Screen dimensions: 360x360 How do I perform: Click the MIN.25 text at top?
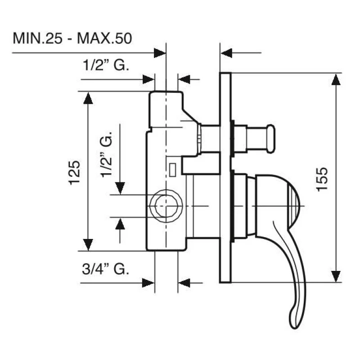pos(37,38)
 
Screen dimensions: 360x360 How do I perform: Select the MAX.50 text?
pos(104,38)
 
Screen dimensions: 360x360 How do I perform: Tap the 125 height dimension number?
pos(75,173)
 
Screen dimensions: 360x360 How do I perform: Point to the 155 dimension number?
pos(322,179)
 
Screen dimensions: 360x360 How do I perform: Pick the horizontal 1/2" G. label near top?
pos(106,65)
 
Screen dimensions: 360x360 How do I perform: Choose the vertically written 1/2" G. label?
pos(106,154)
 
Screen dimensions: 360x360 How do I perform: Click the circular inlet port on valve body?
pos(166,206)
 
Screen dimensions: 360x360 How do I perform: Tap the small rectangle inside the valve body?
pos(173,170)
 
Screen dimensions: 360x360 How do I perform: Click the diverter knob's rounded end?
pos(271,139)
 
